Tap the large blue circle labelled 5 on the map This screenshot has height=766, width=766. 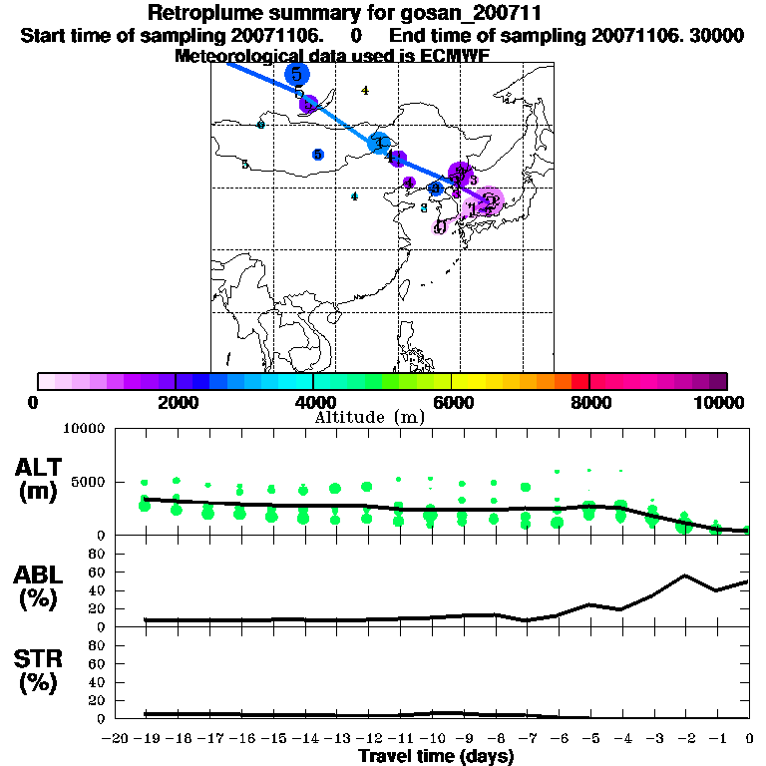(296, 75)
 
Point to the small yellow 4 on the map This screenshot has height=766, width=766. (365, 91)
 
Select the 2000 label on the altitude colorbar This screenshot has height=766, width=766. (176, 403)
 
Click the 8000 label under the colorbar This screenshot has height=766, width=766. (589, 403)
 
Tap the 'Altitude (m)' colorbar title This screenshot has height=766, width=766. (383, 416)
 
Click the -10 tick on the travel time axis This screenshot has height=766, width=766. (431, 739)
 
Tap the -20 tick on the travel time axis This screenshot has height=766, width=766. (115, 739)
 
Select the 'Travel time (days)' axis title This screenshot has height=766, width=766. (436, 757)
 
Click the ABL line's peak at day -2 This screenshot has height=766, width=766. (685, 575)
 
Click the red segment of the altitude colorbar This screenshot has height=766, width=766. (580, 381)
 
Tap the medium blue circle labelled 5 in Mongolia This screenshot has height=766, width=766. (317, 155)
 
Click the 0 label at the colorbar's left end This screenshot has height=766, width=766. (35, 403)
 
